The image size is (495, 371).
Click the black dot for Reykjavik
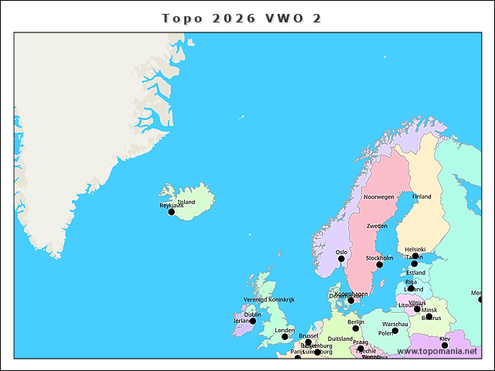(172, 212)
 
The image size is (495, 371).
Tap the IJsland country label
(186, 202)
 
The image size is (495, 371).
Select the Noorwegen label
(379, 197)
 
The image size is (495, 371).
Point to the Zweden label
(377, 226)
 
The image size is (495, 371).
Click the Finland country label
(422, 197)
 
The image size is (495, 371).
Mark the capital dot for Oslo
(341, 259)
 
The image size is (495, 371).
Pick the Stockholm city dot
(379, 264)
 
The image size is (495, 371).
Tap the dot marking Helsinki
(415, 256)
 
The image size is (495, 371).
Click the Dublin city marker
(252, 322)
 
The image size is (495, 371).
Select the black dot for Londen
(285, 337)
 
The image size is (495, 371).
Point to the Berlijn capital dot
(356, 328)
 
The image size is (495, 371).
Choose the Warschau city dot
(395, 331)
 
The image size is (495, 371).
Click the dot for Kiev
(445, 345)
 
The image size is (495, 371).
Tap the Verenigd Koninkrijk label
(269, 299)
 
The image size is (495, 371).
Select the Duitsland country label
(340, 339)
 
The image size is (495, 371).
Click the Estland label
(416, 273)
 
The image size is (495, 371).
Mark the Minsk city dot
(418, 309)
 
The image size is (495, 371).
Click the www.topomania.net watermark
(437, 352)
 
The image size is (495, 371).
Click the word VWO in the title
(283, 19)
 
